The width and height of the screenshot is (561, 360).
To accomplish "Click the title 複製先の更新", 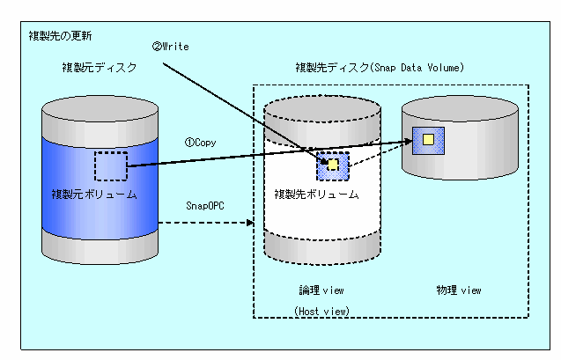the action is pos(60,36).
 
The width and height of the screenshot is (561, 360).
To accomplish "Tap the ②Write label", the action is pos(170,47).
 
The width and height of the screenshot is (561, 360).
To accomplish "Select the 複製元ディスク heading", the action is pos(100,67).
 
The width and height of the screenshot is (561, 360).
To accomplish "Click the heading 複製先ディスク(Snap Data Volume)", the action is pos(380,67).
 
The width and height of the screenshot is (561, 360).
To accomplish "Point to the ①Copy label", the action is pos(201,143).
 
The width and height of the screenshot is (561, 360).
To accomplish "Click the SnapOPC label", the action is pos(205,206).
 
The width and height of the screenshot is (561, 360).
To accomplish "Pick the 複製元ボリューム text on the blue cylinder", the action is pos(94,195).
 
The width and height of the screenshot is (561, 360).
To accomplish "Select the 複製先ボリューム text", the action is pos(317,195).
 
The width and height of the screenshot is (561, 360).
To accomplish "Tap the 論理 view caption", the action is pos(321,290).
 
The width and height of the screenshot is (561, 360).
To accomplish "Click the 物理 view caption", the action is pos(459,290).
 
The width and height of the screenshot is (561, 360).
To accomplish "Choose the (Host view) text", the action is pos(321,311).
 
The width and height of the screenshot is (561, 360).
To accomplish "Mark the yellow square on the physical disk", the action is pos(428,139).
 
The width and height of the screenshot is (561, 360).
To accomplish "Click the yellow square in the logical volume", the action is pos(333,165).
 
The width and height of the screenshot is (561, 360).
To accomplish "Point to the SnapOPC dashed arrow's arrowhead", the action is pos(250,223).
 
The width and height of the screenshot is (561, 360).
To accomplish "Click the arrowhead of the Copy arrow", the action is pos(408,142).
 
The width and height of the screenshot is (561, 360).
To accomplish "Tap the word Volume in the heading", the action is pos(446,67).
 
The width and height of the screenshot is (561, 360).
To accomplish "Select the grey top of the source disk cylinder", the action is pos(100,109).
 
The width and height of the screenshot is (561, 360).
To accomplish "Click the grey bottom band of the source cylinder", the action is pos(100,247).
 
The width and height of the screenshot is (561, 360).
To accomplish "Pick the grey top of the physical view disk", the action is pos(460,108).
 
